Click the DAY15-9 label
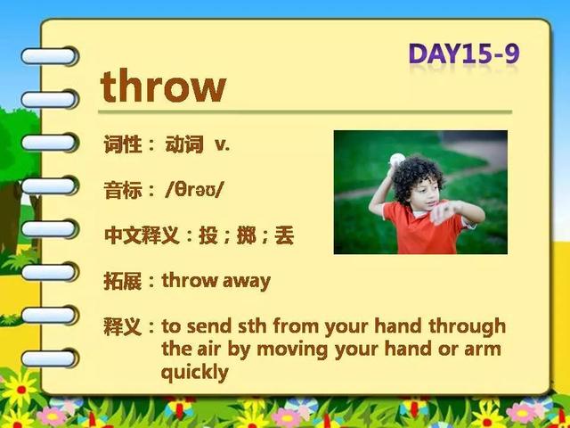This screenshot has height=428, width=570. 464,53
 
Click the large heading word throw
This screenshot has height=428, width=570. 163,86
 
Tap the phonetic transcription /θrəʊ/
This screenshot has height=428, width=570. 192,190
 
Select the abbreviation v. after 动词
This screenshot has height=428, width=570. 222,144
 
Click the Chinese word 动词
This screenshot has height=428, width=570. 184,144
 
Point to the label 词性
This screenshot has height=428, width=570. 123,144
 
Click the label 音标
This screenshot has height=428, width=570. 123,190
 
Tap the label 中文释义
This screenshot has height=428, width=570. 142,235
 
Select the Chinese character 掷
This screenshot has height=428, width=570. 246,235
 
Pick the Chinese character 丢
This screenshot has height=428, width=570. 284,235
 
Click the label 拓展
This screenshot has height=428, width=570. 123,282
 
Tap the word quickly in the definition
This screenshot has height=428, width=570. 195,373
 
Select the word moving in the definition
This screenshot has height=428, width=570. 293,350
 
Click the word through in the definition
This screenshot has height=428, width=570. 467,326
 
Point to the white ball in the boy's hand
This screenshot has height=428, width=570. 397,160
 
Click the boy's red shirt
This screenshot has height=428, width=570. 422,228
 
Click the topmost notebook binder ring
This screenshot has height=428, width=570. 49,56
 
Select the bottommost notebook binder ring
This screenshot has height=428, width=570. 49,358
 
